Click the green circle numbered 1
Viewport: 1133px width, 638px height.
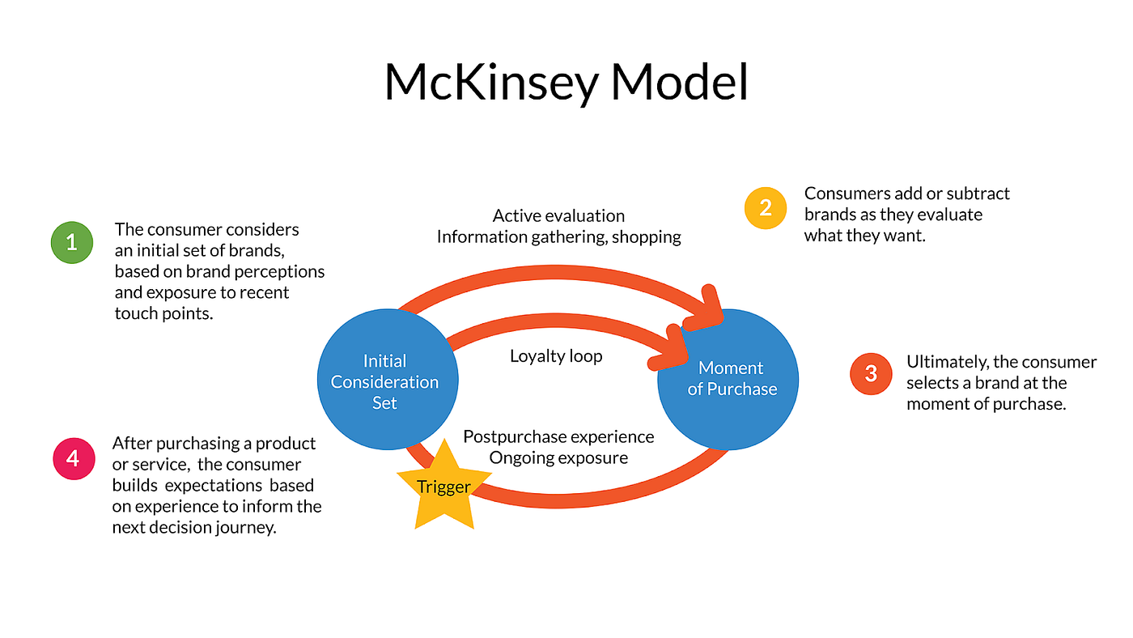pos(72,242)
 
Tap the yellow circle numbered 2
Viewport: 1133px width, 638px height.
pos(766,208)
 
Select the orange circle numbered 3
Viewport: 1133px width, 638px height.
pos(871,374)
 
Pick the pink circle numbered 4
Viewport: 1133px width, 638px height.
pos(74,458)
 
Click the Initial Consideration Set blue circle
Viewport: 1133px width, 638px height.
pos(388,380)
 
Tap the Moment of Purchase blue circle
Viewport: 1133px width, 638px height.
pos(728,380)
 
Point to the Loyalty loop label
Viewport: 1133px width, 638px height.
pos(556,356)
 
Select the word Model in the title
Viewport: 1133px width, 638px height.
pos(679,81)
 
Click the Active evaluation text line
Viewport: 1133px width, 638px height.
pos(558,215)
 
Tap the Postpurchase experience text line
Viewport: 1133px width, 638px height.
pos(558,436)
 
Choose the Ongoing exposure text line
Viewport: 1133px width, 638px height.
pos(558,458)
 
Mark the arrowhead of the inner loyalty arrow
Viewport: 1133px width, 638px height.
pos(670,349)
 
